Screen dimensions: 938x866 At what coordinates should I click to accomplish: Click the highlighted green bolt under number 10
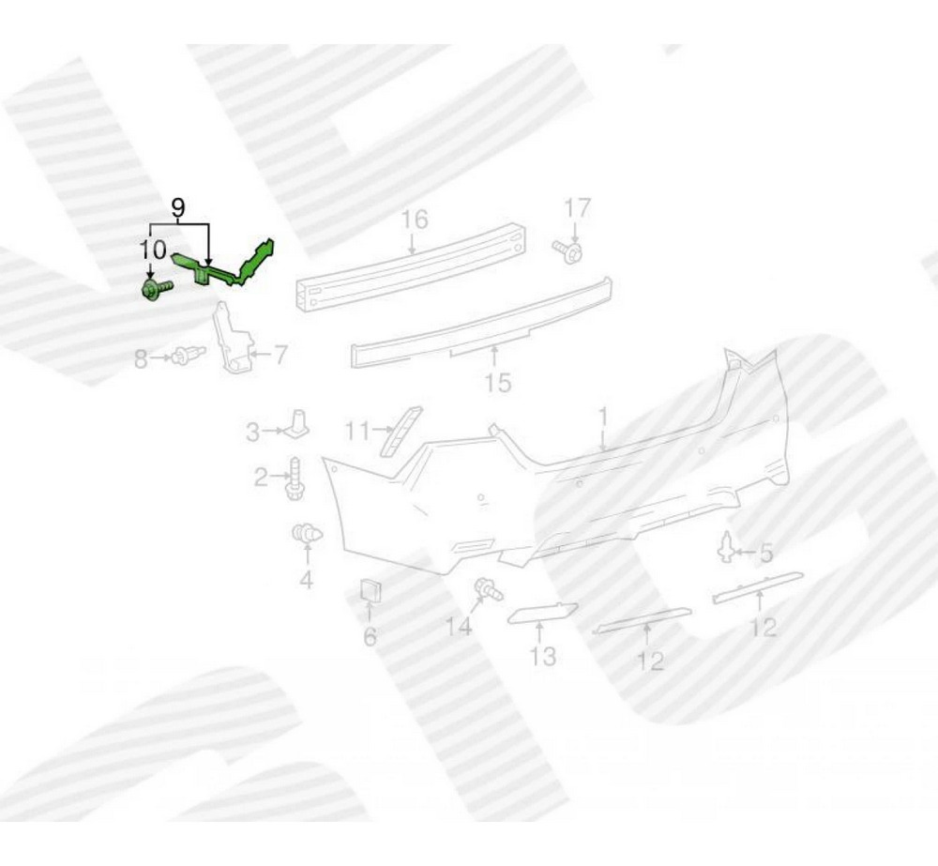point(156,290)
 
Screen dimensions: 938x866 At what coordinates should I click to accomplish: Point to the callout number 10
point(152,249)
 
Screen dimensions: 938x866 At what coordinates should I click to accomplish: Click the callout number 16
point(414,220)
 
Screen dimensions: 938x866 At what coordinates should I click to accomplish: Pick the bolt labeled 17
point(567,251)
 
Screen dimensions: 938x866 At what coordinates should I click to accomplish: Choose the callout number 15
point(498,383)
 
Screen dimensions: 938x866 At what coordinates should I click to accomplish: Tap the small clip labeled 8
point(188,356)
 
